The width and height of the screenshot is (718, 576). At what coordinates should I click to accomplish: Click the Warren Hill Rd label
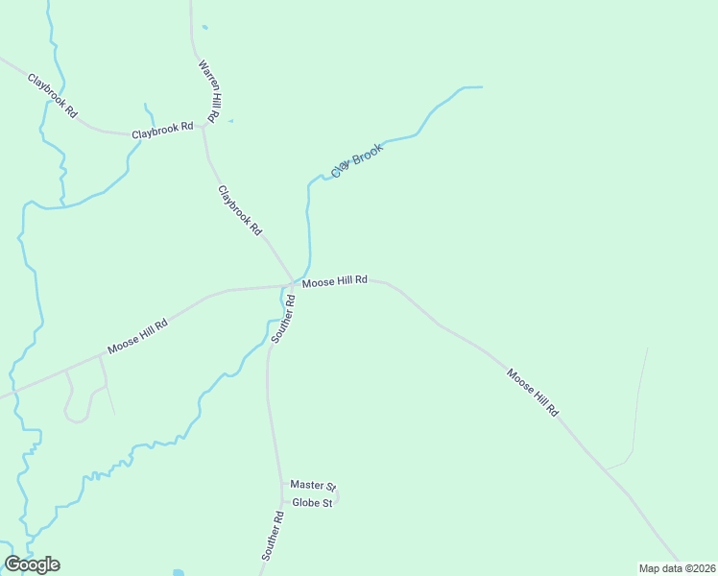tap(210, 90)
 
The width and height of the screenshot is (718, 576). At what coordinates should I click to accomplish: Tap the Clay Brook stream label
tap(358, 159)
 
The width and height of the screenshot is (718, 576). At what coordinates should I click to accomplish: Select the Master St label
tap(312, 486)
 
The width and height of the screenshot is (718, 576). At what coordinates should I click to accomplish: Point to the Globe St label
tap(312, 503)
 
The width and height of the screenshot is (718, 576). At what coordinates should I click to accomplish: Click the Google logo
tap(32, 564)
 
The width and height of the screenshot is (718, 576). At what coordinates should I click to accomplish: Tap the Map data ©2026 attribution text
tap(677, 568)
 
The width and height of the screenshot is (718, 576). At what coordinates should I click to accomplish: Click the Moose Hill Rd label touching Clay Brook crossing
tap(335, 281)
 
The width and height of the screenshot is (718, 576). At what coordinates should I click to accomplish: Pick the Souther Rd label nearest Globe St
tap(274, 536)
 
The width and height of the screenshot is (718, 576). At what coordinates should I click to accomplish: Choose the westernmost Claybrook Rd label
tap(52, 95)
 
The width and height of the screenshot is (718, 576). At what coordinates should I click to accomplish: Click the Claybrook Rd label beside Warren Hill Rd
tap(162, 129)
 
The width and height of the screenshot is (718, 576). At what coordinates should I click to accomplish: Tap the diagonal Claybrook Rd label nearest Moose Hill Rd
tap(240, 210)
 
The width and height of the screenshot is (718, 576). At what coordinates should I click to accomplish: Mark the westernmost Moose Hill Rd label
tap(137, 337)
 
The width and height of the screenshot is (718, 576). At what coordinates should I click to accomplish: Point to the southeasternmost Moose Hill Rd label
tap(532, 393)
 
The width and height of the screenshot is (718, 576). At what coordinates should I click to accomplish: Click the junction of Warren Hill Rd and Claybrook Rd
tap(203, 127)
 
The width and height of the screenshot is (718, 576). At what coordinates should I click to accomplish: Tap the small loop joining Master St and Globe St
tap(337, 495)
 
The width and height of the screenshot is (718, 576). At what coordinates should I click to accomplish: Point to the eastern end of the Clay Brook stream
tap(480, 87)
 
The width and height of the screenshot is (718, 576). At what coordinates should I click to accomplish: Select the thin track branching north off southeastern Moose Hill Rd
tap(637, 403)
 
